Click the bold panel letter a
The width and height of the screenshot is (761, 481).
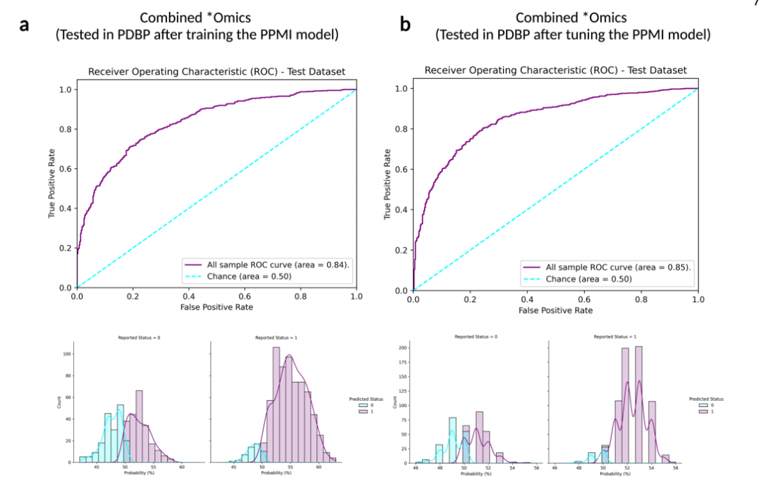[x=24, y=25]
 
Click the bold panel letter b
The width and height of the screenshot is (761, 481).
[x=405, y=25]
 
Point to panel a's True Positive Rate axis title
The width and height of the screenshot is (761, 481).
[x=51, y=187]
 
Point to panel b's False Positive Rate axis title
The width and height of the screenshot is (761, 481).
[x=555, y=310]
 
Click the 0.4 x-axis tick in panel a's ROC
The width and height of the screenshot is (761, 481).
[x=189, y=296]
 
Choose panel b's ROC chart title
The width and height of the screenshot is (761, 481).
[x=555, y=70]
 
